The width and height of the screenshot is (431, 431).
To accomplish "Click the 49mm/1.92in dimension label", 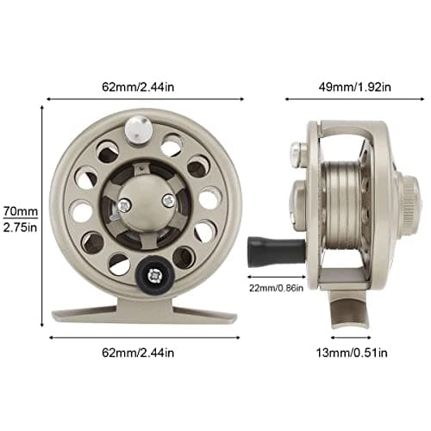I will (355, 86).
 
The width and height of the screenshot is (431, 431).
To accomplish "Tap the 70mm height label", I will (19, 212).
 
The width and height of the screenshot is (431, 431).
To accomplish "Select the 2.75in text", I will (19, 228).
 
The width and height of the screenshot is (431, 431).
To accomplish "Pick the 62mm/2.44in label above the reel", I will (143, 86).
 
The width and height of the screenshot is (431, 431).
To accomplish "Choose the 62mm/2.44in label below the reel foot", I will (143, 352).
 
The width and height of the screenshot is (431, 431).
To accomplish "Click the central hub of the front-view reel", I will (142, 198).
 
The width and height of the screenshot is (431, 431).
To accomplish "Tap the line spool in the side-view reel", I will (345, 203).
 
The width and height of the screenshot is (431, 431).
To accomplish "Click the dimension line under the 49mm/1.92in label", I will (354, 99).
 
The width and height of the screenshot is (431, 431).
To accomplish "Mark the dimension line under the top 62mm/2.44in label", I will (143, 99).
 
